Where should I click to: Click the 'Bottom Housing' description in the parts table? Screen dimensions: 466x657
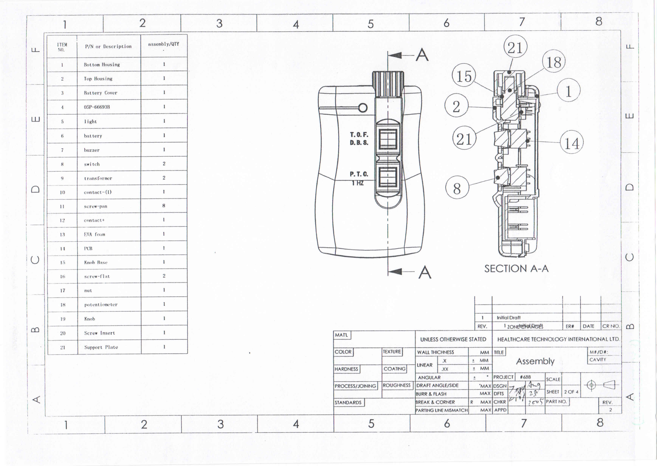coord(102,65)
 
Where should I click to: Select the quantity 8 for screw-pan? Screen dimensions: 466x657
coord(164,206)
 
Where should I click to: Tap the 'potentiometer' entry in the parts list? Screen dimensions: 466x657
coord(101,305)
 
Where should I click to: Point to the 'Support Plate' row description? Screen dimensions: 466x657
coord(101,347)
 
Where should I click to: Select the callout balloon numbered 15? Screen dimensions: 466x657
coord(464,76)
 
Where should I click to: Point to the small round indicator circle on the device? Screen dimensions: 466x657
coord(363,108)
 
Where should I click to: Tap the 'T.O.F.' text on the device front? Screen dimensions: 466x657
coord(359,135)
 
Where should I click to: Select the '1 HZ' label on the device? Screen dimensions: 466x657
coord(358,183)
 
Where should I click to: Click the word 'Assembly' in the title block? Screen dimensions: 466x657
coord(535,361)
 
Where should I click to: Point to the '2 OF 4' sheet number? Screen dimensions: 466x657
coord(571,392)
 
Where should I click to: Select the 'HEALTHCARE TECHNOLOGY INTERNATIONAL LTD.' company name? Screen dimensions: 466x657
coord(558,339)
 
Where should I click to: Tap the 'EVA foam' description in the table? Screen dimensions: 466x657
coord(94,234)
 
